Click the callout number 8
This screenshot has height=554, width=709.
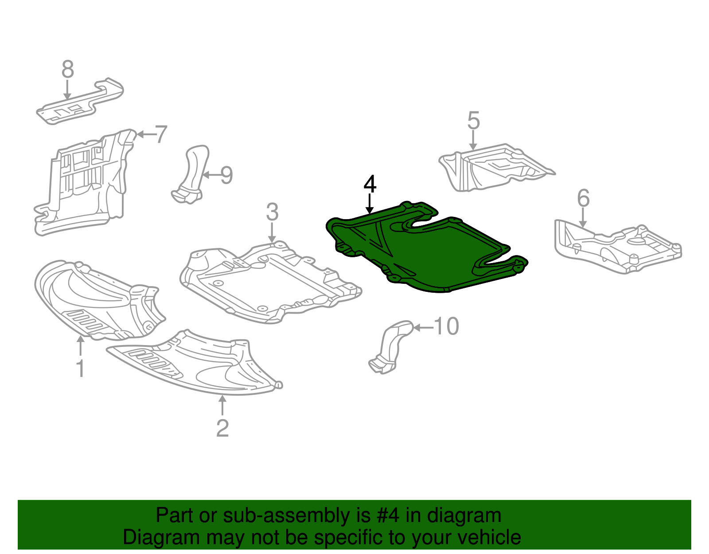tap(67, 70)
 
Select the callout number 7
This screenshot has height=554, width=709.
tap(161, 134)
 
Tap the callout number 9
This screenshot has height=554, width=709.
tap(226, 176)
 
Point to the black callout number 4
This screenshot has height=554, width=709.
tap(370, 185)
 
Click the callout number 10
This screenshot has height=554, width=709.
tap(446, 327)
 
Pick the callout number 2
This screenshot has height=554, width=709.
tap(222, 428)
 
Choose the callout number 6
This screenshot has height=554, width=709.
tap(583, 198)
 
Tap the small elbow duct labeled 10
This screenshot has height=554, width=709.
tap(390, 346)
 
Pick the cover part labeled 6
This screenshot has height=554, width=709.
tap(616, 246)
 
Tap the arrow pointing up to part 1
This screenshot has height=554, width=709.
tap(80, 346)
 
